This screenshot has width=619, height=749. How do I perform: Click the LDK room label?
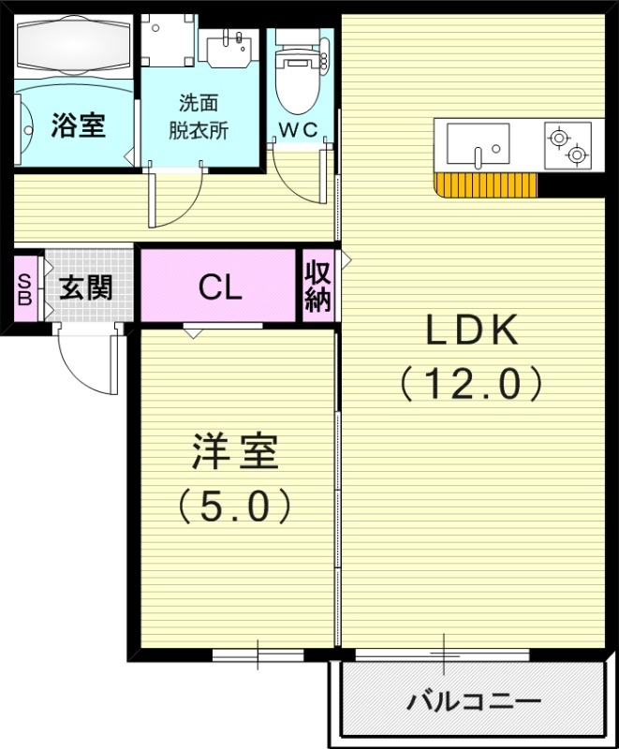tap(472, 330)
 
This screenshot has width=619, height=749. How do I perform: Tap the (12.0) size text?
tap(472, 383)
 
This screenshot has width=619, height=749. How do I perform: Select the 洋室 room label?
tap(235, 453)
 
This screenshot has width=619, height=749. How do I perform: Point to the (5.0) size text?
tap(235, 506)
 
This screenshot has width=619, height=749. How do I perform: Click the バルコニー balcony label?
tap(473, 701)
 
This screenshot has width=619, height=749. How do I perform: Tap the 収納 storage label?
tap(317, 286)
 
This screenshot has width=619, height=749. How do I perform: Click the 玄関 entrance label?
tap(86, 286)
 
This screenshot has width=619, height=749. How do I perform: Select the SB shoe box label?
tap(24, 286)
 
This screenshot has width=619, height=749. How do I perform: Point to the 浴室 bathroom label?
tap(77, 124)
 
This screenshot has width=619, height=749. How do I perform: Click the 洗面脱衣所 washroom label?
tap(199, 117)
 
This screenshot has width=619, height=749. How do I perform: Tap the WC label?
tap(301, 129)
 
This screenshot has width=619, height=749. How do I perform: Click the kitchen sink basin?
tap(478, 145)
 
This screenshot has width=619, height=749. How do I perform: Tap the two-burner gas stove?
tap(568, 146)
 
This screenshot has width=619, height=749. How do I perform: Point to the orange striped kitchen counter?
tap(487, 185)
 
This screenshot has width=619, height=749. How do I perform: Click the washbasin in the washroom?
tap(228, 47)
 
